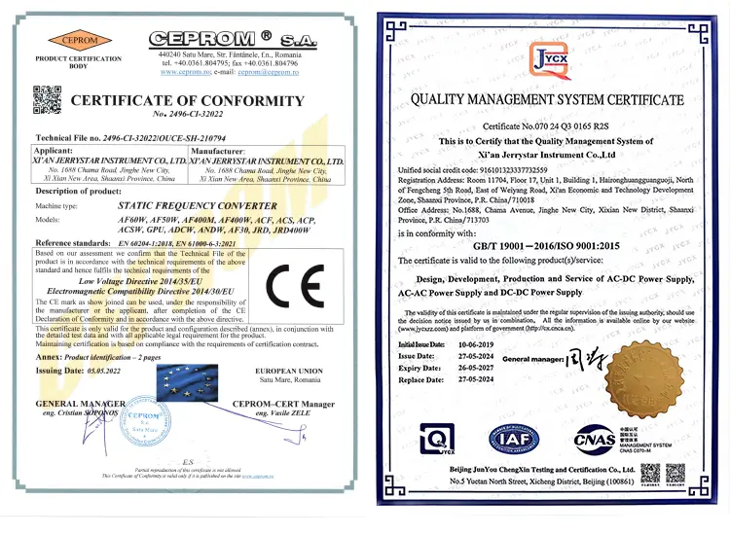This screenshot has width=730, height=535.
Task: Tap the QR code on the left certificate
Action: coord(44,98)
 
